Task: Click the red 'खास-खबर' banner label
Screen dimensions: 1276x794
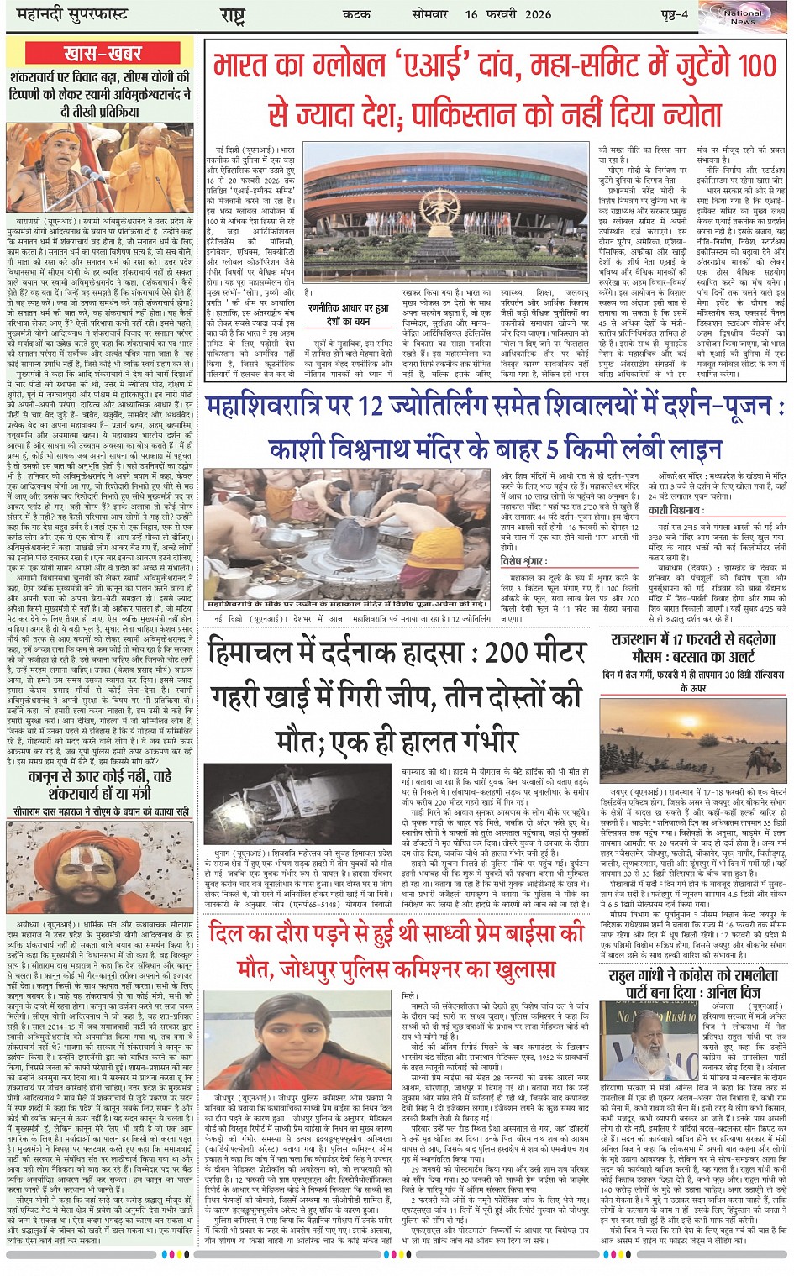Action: click(103, 54)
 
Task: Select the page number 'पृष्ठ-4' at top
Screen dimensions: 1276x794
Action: click(671, 14)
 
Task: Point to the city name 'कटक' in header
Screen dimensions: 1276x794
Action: click(356, 14)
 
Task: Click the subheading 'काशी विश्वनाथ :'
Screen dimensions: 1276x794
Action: click(675, 511)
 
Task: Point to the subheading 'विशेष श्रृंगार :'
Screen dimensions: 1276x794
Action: click(523, 561)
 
